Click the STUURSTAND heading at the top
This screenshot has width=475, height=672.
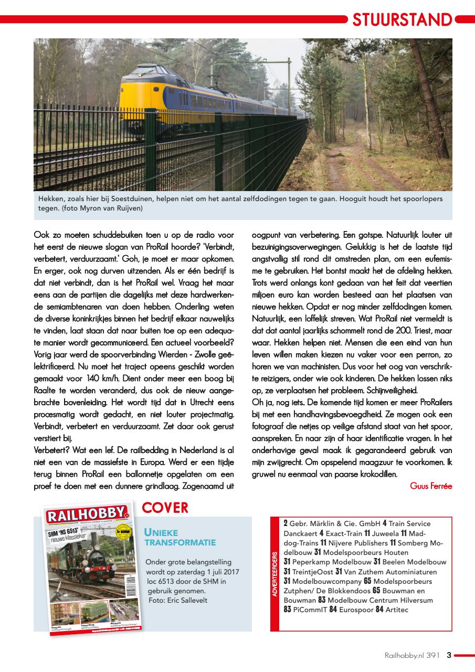click(x=402, y=19)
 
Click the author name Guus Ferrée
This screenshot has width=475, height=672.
click(x=430, y=486)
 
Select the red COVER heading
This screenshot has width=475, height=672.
click(x=165, y=508)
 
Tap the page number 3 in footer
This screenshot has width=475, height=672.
click(x=449, y=655)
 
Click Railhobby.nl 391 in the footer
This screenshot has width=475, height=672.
click(x=411, y=655)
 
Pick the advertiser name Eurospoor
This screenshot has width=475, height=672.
click(x=356, y=610)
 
